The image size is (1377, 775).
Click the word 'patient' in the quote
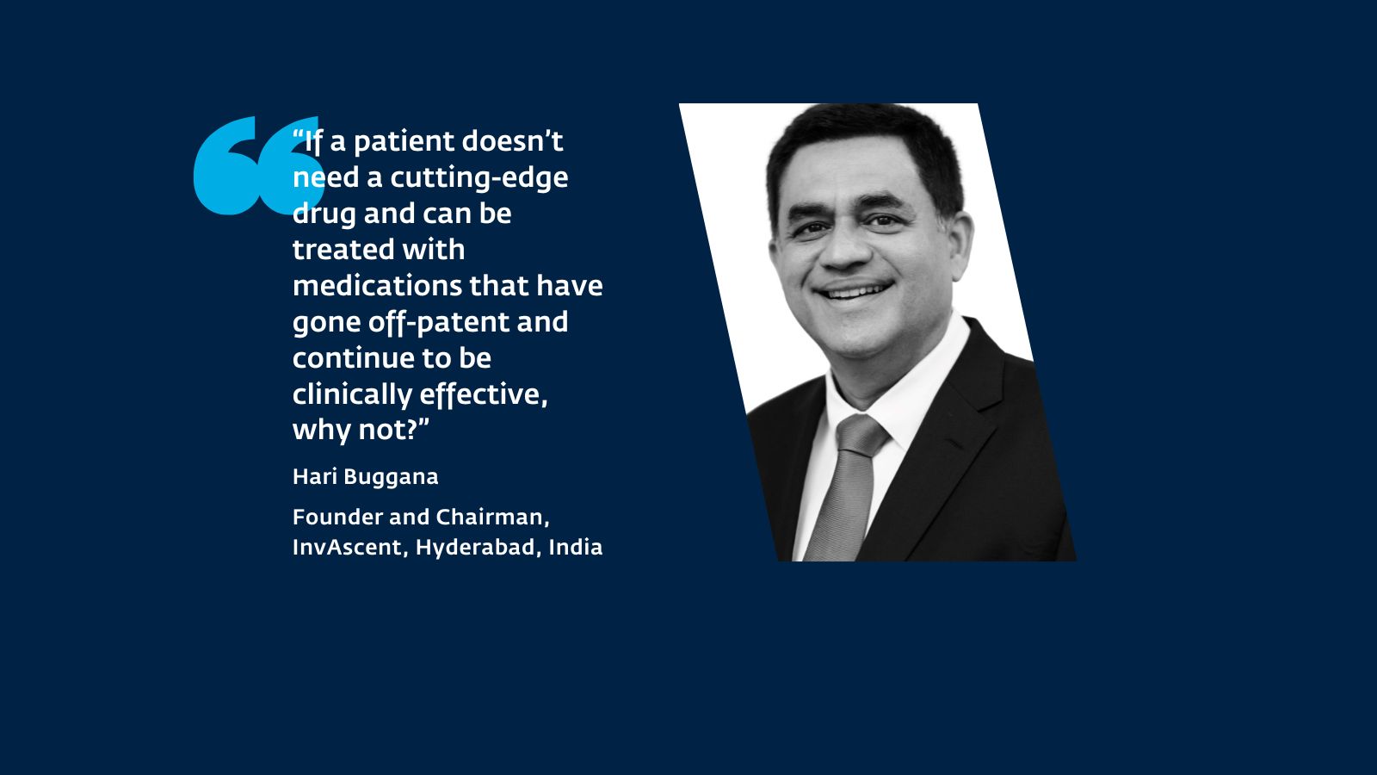coord(404,142)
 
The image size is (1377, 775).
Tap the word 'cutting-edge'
coord(479,178)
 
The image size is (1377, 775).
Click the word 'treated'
coord(342,250)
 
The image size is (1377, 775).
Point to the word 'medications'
coord(378,286)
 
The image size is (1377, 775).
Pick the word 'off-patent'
coord(439,323)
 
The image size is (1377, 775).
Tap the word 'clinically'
coord(352,395)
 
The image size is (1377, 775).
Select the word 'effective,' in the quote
coord(483,395)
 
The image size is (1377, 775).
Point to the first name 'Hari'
coord(315,477)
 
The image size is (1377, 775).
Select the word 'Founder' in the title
coord(337,518)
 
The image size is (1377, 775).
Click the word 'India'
coord(576,548)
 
